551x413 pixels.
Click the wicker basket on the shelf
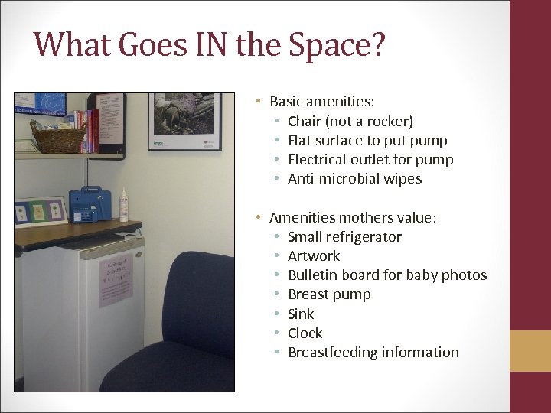(x=59, y=139)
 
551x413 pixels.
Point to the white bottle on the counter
(x=122, y=206)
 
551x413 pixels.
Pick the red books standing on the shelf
(x=93, y=131)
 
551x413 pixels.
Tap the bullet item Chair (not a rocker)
(x=350, y=121)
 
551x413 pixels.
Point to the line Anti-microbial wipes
(x=354, y=179)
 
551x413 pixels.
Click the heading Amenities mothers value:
(x=353, y=218)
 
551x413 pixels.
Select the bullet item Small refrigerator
(x=344, y=237)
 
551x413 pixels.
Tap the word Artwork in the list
(x=314, y=256)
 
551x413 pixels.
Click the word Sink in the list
(x=301, y=314)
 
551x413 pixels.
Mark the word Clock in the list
(x=305, y=333)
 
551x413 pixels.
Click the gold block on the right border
(x=530, y=350)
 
